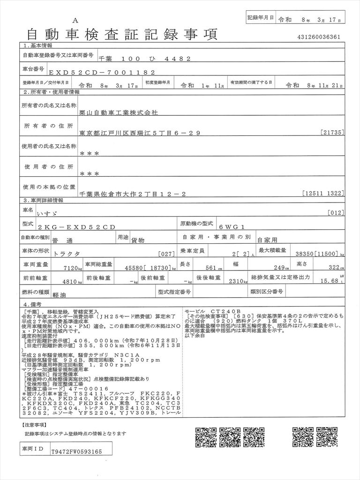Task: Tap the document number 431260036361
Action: tap(319, 37)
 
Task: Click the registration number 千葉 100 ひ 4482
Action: tap(144, 59)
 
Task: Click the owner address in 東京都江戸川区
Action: tap(140, 133)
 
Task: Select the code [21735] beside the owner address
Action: tap(333, 133)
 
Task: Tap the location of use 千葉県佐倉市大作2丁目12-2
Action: tap(134, 193)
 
